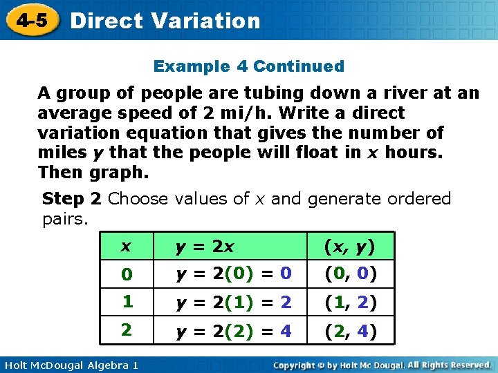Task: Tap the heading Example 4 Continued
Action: click(x=248, y=66)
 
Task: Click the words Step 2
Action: click(x=72, y=199)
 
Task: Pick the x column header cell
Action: click(x=126, y=247)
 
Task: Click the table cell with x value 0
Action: click(x=126, y=274)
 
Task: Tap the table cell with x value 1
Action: click(x=126, y=302)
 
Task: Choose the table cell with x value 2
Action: click(x=126, y=329)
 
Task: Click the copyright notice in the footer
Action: click(x=382, y=364)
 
